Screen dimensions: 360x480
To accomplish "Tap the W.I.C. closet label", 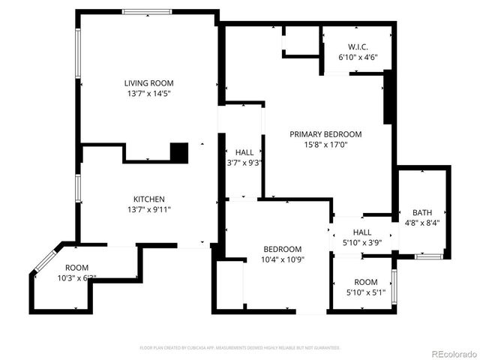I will tap(357, 46).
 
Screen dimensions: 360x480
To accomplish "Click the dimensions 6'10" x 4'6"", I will tap(358, 57).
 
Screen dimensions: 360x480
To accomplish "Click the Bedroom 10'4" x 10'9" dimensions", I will tap(282, 260).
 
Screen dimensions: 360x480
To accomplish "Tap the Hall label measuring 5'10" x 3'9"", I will tap(362, 232).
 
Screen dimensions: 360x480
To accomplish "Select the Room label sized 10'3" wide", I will tap(76, 268).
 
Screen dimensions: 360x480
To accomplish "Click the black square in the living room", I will tap(178, 152).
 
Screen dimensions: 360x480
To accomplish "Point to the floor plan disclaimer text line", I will tap(240, 348).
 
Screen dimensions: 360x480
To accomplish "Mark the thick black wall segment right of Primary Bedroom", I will tap(388, 97).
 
